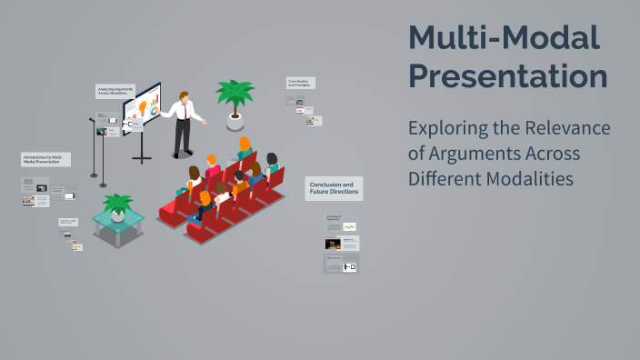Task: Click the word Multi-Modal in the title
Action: click(x=504, y=37)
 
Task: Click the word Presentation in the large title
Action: click(x=507, y=75)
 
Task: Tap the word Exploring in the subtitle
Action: click(x=452, y=128)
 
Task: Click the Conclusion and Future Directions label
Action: click(x=334, y=188)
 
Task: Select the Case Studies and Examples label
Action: click(x=300, y=83)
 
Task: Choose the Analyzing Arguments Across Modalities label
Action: click(x=115, y=91)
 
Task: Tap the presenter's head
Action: click(x=185, y=96)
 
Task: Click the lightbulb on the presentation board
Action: click(x=142, y=106)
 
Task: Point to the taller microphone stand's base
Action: click(x=103, y=185)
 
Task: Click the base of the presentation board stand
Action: click(x=142, y=159)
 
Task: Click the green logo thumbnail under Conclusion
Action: click(x=350, y=226)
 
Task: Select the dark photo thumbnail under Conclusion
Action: click(x=333, y=244)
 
